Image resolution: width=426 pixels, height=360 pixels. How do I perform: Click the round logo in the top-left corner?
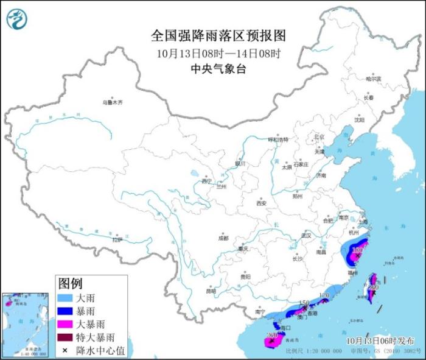pyautogui.click(x=17, y=19)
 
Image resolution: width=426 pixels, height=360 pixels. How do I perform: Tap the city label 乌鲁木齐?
pyautogui.click(x=113, y=102)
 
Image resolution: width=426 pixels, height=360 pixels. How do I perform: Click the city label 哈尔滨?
pyautogui.click(x=373, y=79)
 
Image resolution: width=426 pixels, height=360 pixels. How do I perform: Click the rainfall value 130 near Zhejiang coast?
pyautogui.click(x=358, y=250)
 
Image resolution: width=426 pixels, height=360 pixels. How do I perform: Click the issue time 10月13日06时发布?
pyautogui.click(x=386, y=340)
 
